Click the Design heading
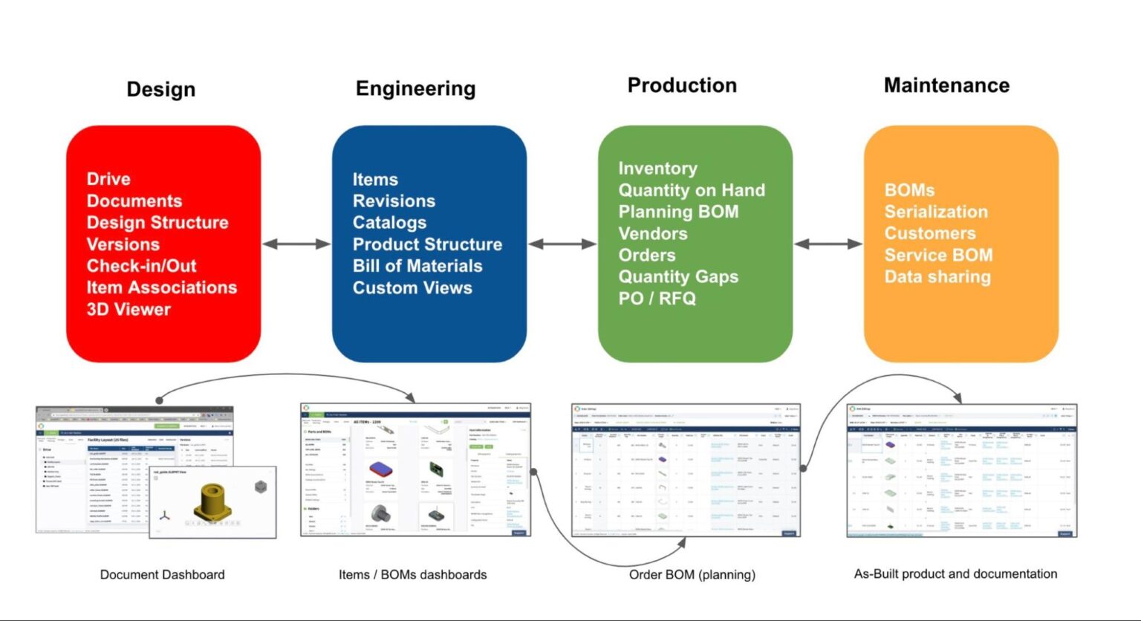(161, 89)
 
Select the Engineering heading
(415, 88)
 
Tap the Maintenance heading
(946, 85)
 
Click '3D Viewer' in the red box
(129, 309)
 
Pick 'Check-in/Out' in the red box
(141, 266)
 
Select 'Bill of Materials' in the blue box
(417, 266)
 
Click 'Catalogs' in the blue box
(389, 223)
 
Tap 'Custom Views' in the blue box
(412, 287)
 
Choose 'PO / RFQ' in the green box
(657, 299)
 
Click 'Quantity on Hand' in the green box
(692, 190)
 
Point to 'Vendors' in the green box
(653, 234)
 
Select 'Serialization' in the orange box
(936, 212)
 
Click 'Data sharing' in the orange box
(937, 277)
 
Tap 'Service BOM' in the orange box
(938, 256)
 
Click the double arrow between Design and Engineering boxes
(296, 244)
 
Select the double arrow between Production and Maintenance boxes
(828, 244)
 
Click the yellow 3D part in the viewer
(213, 501)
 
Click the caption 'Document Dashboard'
(162, 574)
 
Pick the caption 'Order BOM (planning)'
(692, 574)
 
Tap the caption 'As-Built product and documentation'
(955, 573)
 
